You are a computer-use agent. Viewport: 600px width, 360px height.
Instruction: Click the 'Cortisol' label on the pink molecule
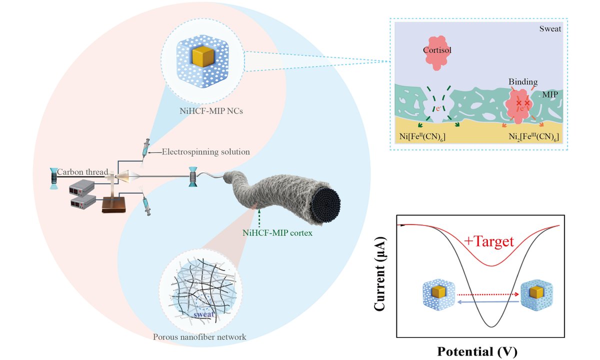coord(437,50)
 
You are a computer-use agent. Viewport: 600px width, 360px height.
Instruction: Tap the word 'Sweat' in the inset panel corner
coord(550,28)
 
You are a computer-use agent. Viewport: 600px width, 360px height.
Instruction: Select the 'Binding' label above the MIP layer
coord(523,81)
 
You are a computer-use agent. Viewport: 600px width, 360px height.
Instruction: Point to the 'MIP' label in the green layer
coord(550,94)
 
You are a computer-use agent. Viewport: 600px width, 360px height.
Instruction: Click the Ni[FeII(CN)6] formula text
coord(422,136)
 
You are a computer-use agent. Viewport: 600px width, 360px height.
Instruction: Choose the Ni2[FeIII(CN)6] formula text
coord(533,137)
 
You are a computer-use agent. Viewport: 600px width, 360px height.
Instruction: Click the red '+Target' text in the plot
coord(489,241)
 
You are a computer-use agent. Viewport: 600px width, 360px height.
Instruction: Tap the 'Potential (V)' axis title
coord(477,351)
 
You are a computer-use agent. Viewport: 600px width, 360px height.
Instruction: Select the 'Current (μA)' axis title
coord(380,274)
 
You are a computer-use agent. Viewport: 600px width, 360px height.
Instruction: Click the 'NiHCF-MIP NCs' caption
coord(211,111)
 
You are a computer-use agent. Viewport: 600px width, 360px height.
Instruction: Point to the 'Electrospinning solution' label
coord(205,152)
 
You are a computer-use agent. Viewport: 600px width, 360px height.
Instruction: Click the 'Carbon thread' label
coord(82,172)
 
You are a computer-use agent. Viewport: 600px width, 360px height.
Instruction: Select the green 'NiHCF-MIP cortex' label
coord(277,233)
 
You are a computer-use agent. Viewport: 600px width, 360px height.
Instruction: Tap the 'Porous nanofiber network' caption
coord(199,337)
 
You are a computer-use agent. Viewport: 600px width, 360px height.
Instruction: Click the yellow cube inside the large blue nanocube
coord(203,56)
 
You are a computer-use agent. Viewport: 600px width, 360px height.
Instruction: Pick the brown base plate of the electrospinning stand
coord(114,205)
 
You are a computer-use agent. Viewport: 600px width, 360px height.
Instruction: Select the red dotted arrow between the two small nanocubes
coord(488,294)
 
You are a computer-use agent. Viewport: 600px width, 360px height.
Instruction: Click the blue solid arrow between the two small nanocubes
coord(488,302)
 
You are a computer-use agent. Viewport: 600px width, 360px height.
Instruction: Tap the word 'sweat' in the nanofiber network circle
coord(204,314)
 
